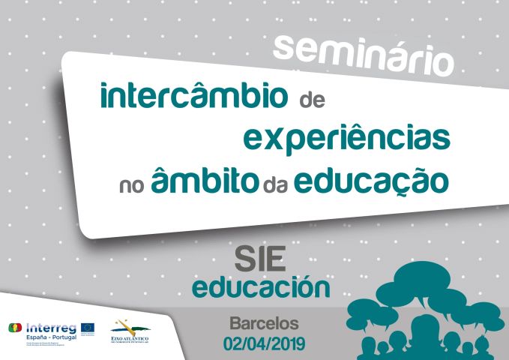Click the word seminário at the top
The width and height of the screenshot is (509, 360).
click(364, 53)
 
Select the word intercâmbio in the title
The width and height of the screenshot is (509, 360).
click(194, 97)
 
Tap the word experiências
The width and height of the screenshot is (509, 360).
click(347, 139)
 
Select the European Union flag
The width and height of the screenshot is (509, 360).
click(88, 327)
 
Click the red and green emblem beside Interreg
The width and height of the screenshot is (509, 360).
click(14, 328)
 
